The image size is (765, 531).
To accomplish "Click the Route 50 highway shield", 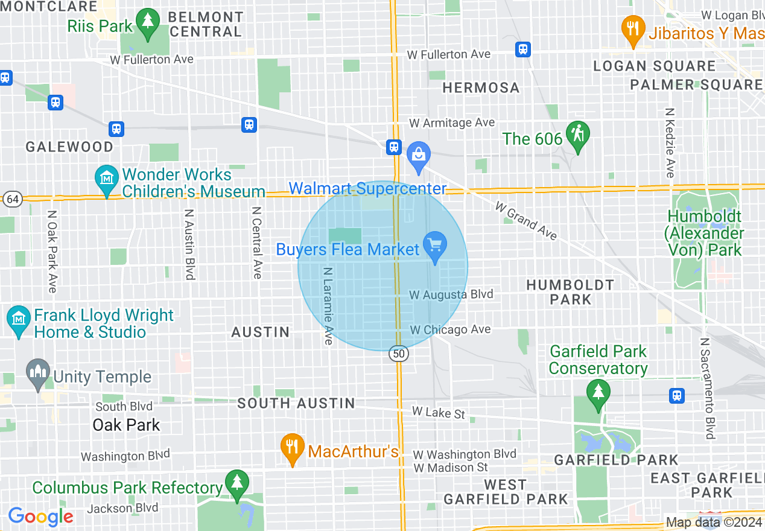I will (398, 354).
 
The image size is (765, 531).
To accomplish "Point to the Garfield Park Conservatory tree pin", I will (598, 393).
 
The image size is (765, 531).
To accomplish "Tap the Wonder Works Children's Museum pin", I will (107, 179).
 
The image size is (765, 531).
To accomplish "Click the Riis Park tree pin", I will (147, 23).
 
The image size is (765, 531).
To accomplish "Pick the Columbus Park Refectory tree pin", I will (236, 484).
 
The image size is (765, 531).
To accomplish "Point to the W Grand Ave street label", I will (526, 221).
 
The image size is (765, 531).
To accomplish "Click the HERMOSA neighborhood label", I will (481, 88).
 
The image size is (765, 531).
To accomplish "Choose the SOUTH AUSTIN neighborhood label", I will (296, 403).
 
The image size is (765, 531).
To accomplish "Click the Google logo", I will (40, 517).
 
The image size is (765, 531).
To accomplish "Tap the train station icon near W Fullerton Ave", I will (523, 49).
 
